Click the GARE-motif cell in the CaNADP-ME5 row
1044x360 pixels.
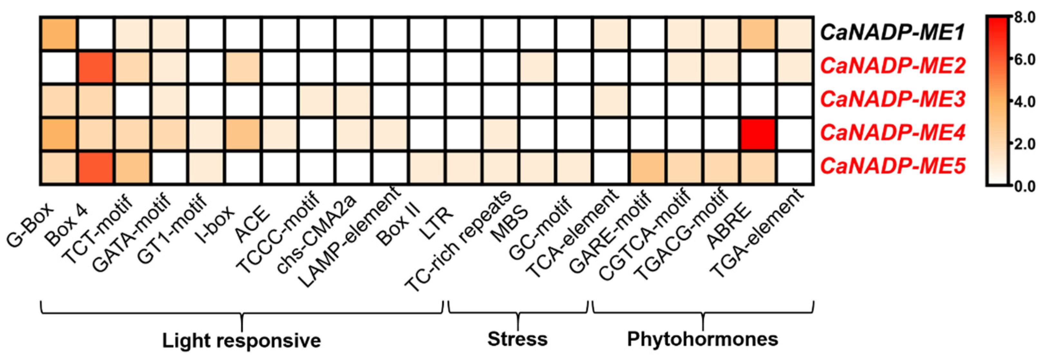pos(647,168)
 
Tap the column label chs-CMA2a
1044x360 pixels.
pos(316,233)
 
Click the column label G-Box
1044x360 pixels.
pos(30,225)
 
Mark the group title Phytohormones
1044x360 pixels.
pos(702,339)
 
